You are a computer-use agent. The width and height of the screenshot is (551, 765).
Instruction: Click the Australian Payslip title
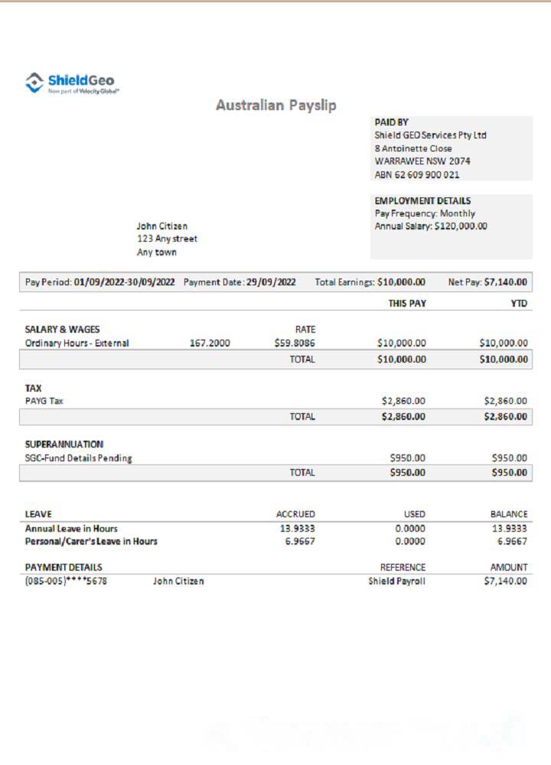pos(275,106)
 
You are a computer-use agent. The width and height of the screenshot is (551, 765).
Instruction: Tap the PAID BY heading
pos(391,122)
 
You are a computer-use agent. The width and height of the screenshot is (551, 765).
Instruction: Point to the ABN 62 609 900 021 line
pos(417,174)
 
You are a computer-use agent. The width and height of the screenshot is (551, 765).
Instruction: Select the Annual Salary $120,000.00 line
pos(431,226)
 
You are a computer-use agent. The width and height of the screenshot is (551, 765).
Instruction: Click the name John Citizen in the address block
pos(161,226)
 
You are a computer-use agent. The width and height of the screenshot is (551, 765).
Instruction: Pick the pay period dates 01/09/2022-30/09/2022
pos(124,282)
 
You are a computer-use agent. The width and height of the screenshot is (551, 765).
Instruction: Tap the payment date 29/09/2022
pos(271,282)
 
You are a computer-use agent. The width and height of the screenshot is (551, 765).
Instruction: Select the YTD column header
pos(519,304)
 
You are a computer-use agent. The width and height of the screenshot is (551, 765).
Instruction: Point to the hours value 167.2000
pos(210,343)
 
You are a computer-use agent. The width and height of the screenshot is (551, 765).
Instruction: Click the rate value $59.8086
pos(295,343)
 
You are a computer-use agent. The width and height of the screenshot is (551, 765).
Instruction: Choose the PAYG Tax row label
pos(44,401)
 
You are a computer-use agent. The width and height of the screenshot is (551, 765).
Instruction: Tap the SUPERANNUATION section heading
pos(64,444)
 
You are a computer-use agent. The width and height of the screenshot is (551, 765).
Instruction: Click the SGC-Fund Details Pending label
pos(78,458)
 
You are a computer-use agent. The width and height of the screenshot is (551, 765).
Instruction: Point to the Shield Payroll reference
pos(396,581)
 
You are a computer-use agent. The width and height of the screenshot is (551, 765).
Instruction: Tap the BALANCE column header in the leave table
pos(508,514)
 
